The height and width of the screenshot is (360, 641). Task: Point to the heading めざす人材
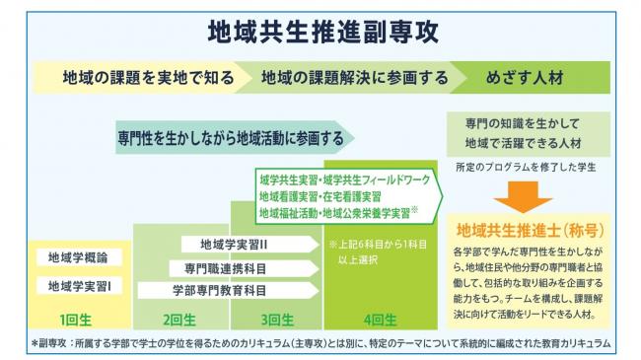(x=534, y=77)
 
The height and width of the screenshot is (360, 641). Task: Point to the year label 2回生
(x=179, y=320)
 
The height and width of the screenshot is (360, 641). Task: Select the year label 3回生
(x=278, y=320)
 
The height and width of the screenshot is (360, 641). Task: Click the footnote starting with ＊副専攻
(x=320, y=343)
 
